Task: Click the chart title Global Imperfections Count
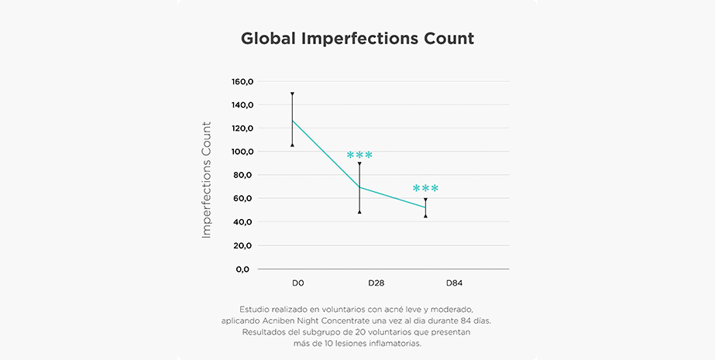[357, 39]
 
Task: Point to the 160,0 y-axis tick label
[243, 81]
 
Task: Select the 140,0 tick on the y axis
[243, 105]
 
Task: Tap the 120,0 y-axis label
[243, 128]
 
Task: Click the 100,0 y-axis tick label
[243, 152]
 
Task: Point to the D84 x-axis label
[454, 283]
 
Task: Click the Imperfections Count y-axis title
[206, 179]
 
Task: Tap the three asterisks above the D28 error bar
[359, 156]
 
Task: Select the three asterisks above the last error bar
[425, 189]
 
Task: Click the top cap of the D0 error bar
[292, 94]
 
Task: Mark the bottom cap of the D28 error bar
[359, 211]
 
